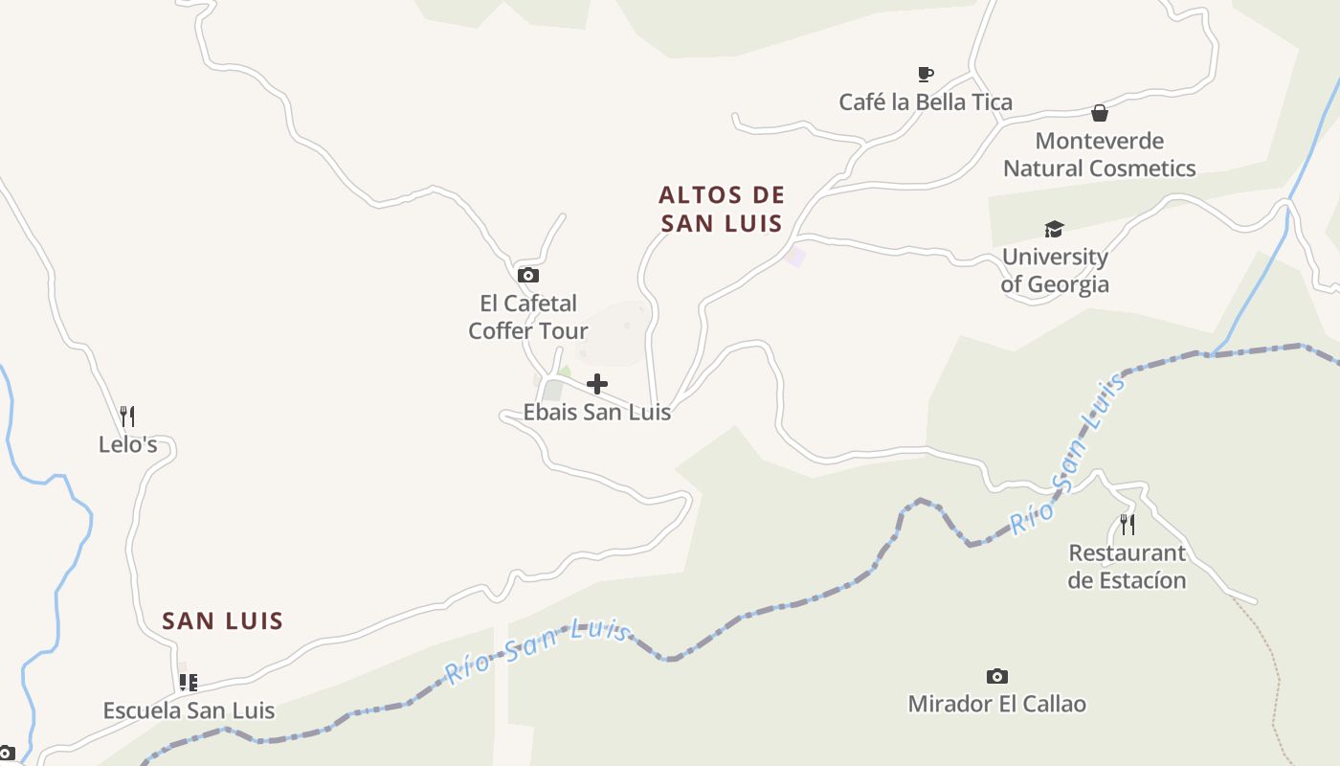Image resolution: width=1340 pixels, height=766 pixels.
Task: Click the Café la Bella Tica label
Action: point(925,101)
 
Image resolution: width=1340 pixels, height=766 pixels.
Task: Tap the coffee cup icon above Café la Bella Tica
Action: point(925,74)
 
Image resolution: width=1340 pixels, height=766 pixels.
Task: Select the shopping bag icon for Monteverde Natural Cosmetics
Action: point(1100,113)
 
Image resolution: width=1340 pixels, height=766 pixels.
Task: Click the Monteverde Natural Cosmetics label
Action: point(1099,154)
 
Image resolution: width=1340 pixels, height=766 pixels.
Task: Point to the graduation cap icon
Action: point(1054,229)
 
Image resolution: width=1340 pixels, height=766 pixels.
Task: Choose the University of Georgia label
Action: point(1055,270)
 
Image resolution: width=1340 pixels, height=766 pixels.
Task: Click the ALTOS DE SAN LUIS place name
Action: point(722,209)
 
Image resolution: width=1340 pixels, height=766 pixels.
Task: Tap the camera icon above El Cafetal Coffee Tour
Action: point(527,276)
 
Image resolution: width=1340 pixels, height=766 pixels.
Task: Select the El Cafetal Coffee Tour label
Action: point(527,317)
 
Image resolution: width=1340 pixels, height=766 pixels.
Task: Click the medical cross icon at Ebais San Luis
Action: point(597,384)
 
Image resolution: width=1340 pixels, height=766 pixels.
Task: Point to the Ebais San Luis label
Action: point(596,413)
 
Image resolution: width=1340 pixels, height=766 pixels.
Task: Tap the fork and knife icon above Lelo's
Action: point(127,417)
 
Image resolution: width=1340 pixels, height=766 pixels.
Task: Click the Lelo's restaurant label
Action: point(127,444)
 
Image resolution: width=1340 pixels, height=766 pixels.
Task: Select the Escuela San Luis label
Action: point(189,710)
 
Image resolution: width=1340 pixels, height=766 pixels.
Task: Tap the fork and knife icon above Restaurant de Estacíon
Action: point(1128,525)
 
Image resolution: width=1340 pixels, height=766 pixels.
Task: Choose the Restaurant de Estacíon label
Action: point(1127,566)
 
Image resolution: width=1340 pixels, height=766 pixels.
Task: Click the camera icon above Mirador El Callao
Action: point(997,676)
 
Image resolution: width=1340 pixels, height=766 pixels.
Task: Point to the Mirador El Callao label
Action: point(996,704)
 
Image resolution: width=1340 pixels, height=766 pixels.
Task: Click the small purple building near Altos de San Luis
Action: point(794,256)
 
